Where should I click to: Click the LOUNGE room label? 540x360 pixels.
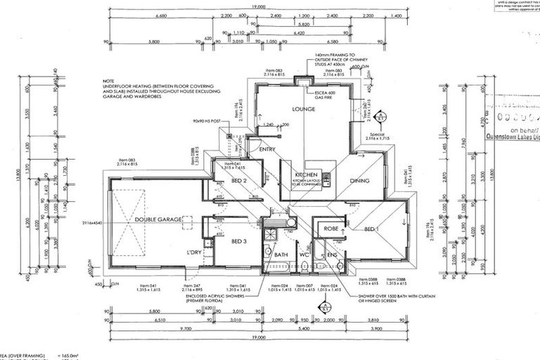(x=304, y=110)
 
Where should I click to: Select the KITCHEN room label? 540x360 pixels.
(x=307, y=174)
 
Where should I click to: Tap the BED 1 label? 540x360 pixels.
(x=372, y=229)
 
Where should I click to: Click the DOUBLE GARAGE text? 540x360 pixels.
(x=158, y=220)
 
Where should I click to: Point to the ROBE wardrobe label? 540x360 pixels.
(x=330, y=229)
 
